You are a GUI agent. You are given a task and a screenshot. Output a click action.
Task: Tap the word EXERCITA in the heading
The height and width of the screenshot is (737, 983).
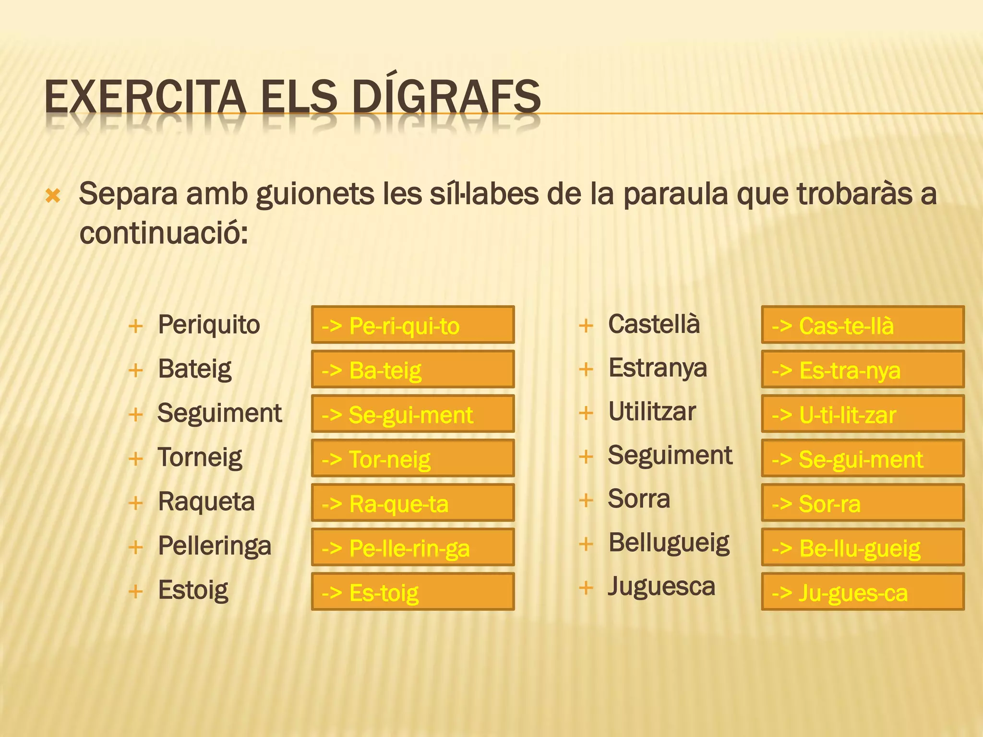[x=145, y=97]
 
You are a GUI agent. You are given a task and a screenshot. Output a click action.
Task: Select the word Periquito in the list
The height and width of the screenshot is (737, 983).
[x=209, y=325]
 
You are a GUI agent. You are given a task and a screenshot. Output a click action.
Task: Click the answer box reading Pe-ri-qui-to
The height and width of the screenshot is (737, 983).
[x=413, y=325]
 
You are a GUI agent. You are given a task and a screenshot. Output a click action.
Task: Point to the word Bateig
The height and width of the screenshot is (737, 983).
[x=194, y=369]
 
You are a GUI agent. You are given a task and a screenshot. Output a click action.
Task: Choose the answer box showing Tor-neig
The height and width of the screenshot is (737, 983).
[x=413, y=458]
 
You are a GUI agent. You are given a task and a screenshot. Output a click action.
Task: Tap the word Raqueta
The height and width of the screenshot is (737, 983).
[x=206, y=502]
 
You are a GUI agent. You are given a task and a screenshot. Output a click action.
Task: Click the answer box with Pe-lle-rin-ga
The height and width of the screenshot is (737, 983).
[x=413, y=547]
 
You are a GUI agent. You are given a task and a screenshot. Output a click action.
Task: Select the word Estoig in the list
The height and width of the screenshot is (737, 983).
[x=193, y=591]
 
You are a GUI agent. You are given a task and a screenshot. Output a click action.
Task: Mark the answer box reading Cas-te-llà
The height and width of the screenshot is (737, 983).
[x=863, y=325]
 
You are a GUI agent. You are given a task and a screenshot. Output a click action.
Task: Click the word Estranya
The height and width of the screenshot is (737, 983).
[x=658, y=368]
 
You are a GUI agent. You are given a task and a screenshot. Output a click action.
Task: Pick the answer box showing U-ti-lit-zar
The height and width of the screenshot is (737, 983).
[x=863, y=414]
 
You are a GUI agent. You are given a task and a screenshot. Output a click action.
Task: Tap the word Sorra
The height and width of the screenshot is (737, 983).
[x=639, y=499]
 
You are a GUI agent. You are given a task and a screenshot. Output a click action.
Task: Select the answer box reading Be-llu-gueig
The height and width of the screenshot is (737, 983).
[x=863, y=547]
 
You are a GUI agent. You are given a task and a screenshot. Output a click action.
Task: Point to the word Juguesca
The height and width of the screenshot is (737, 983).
[x=661, y=587]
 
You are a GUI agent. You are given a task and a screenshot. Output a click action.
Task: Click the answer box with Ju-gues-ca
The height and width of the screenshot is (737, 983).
[x=863, y=592]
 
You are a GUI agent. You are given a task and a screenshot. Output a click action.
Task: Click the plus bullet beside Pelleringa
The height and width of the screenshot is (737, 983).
[x=136, y=547]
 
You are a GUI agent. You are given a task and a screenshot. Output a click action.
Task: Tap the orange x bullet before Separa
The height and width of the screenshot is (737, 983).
[x=53, y=196]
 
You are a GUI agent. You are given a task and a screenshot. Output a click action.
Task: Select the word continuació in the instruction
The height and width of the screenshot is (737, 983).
[x=163, y=234]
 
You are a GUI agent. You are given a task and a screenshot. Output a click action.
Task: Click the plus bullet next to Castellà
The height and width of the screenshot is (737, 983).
[x=586, y=326]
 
